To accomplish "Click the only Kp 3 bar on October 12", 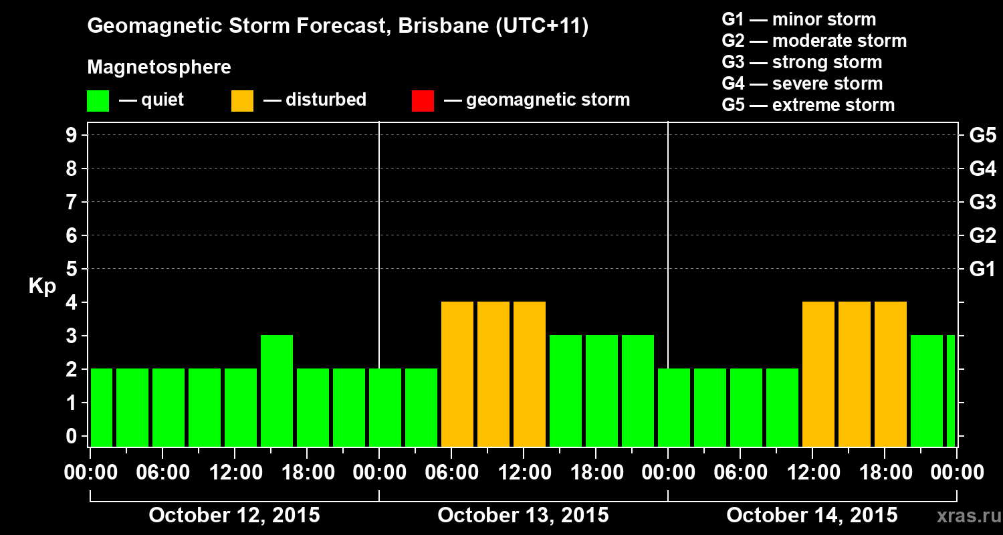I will (x=277, y=391).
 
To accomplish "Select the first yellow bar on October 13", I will (x=457, y=374).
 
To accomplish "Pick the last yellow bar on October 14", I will (x=891, y=374).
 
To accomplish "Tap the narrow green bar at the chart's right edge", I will (x=951, y=391).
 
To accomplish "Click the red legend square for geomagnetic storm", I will (x=423, y=100).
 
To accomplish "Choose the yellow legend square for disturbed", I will (x=242, y=100).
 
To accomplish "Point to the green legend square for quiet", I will (x=98, y=100).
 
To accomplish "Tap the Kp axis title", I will (x=42, y=286).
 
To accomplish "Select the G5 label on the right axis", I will (x=982, y=136).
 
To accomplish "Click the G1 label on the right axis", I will (x=982, y=270).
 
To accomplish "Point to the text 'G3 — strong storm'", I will (x=802, y=62).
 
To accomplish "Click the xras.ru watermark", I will (x=965, y=516).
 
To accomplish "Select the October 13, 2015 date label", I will (x=523, y=516).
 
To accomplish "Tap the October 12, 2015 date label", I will (x=234, y=516).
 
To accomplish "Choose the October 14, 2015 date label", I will (x=812, y=516).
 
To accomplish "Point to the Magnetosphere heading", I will (x=159, y=68).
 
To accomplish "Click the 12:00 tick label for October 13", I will (x=524, y=473).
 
